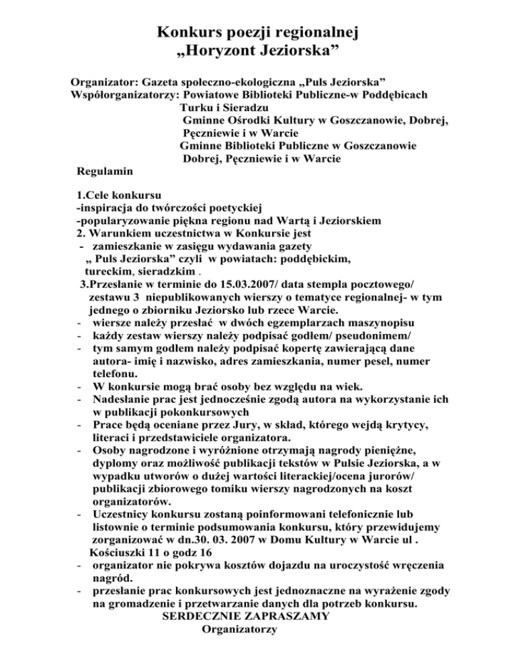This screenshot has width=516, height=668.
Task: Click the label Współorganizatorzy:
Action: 125,95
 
